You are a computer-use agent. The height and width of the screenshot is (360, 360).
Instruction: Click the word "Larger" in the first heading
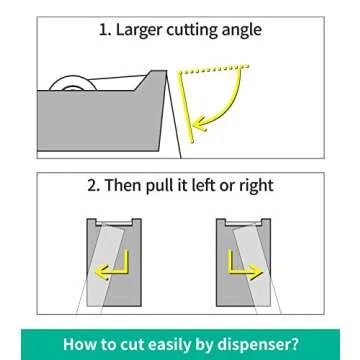click(139, 31)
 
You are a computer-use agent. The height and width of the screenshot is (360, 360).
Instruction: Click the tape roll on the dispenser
click(73, 84)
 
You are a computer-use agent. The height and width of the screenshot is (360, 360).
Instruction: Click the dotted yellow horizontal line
click(214, 69)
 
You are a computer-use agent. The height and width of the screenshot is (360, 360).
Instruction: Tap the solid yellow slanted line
click(186, 107)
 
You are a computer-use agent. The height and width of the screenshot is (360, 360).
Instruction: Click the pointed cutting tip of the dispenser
click(165, 71)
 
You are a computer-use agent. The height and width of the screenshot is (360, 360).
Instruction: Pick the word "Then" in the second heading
click(123, 185)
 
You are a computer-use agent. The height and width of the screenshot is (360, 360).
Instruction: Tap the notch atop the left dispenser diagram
click(114, 222)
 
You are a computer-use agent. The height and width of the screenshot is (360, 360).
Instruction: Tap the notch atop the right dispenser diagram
click(243, 222)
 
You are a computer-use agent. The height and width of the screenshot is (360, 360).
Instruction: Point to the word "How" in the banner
click(78, 344)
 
